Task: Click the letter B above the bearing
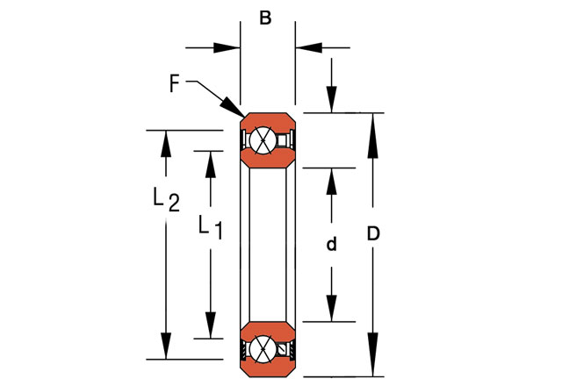point(266,18)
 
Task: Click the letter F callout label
point(174,84)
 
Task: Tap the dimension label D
point(372,235)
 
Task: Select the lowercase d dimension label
point(331,245)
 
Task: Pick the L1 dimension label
point(209,226)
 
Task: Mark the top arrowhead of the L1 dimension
point(209,161)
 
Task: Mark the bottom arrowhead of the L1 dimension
point(209,326)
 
